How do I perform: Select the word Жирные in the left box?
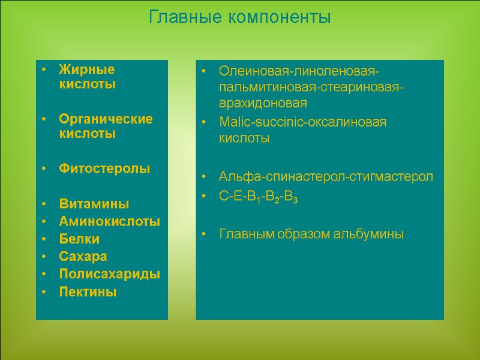tap(86, 70)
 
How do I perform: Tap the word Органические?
tap(106, 119)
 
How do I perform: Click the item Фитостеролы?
tap(104, 169)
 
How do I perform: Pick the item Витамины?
tap(94, 204)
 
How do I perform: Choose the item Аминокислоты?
tap(109, 221)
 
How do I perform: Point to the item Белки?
tap(79, 239)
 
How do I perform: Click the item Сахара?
tap(83, 256)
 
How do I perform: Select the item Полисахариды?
tap(109, 274)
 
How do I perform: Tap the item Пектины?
tap(88, 292)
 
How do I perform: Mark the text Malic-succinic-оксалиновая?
tap(302, 122)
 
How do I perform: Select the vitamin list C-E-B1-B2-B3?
tap(257, 196)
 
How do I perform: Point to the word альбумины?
tap(369, 233)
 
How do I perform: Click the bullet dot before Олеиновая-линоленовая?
tap(205, 72)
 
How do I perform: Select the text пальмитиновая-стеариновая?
tap(311, 88)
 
